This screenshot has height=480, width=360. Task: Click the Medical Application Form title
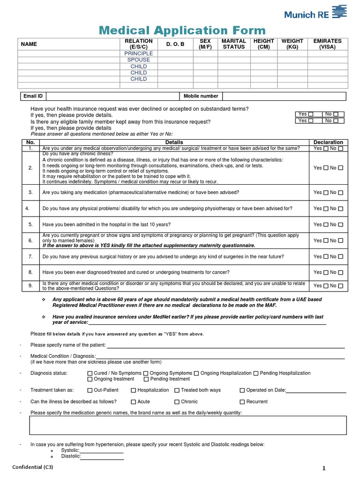tap(182, 31)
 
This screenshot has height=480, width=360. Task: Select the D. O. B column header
tap(176, 44)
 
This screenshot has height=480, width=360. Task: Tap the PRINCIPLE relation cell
tap(138, 53)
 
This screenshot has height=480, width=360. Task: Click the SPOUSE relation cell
tap(138, 60)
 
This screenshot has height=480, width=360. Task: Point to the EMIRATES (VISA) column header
tap(327, 44)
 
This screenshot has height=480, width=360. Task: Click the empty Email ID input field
tap(112, 96)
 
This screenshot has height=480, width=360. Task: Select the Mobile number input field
tap(284, 96)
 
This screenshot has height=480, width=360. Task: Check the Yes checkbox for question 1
tap(325, 149)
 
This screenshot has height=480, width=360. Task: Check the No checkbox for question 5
tap(341, 225)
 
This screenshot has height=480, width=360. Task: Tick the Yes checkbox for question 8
tap(325, 272)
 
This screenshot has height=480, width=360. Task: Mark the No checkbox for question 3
tap(341, 193)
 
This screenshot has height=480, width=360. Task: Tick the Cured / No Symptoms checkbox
tap(90, 374)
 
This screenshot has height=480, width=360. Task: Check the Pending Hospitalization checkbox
tap(256, 374)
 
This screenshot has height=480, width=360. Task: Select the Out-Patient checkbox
tap(90, 390)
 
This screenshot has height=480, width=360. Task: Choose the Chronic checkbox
tap(177, 402)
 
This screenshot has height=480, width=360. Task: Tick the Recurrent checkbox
tap(242, 402)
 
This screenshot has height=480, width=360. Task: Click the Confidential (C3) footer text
tap(32, 467)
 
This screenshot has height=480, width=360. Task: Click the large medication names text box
tap(188, 425)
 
